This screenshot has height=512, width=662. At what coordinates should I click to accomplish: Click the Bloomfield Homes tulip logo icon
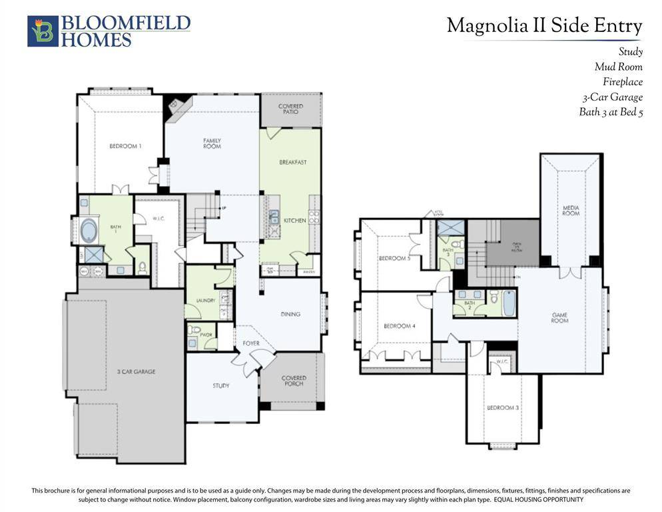pos(43,31)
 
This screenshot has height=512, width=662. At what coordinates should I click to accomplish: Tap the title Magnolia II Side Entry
pos(544,26)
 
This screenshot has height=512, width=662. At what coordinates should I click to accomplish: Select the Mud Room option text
pos(618,67)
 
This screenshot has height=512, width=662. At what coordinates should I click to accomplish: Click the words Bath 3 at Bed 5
pos(610,112)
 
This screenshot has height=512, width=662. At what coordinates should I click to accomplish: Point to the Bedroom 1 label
pos(125,146)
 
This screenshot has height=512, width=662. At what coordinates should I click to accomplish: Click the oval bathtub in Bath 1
pos(89,231)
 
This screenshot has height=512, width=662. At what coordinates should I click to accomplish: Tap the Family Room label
pos(212,143)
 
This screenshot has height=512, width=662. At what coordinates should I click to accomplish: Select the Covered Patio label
pos(290,109)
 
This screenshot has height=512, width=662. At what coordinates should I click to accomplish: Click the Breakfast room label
pos(292,162)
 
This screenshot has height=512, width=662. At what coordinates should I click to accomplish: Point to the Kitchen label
pos(295,220)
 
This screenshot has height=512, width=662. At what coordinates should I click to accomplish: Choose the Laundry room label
pos(205,301)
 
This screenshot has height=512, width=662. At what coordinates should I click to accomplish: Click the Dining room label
pos(290,314)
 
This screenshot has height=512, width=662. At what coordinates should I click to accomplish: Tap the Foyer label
pos(250,343)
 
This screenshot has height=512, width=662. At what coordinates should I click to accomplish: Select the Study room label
pos(221,385)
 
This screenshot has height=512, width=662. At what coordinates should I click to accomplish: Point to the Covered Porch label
pos(293,381)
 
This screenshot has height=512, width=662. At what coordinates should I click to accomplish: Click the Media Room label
pos(571,210)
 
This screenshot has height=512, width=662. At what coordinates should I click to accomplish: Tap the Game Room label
pos(559,317)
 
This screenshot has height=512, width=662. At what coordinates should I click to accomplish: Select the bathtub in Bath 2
pos(508,303)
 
